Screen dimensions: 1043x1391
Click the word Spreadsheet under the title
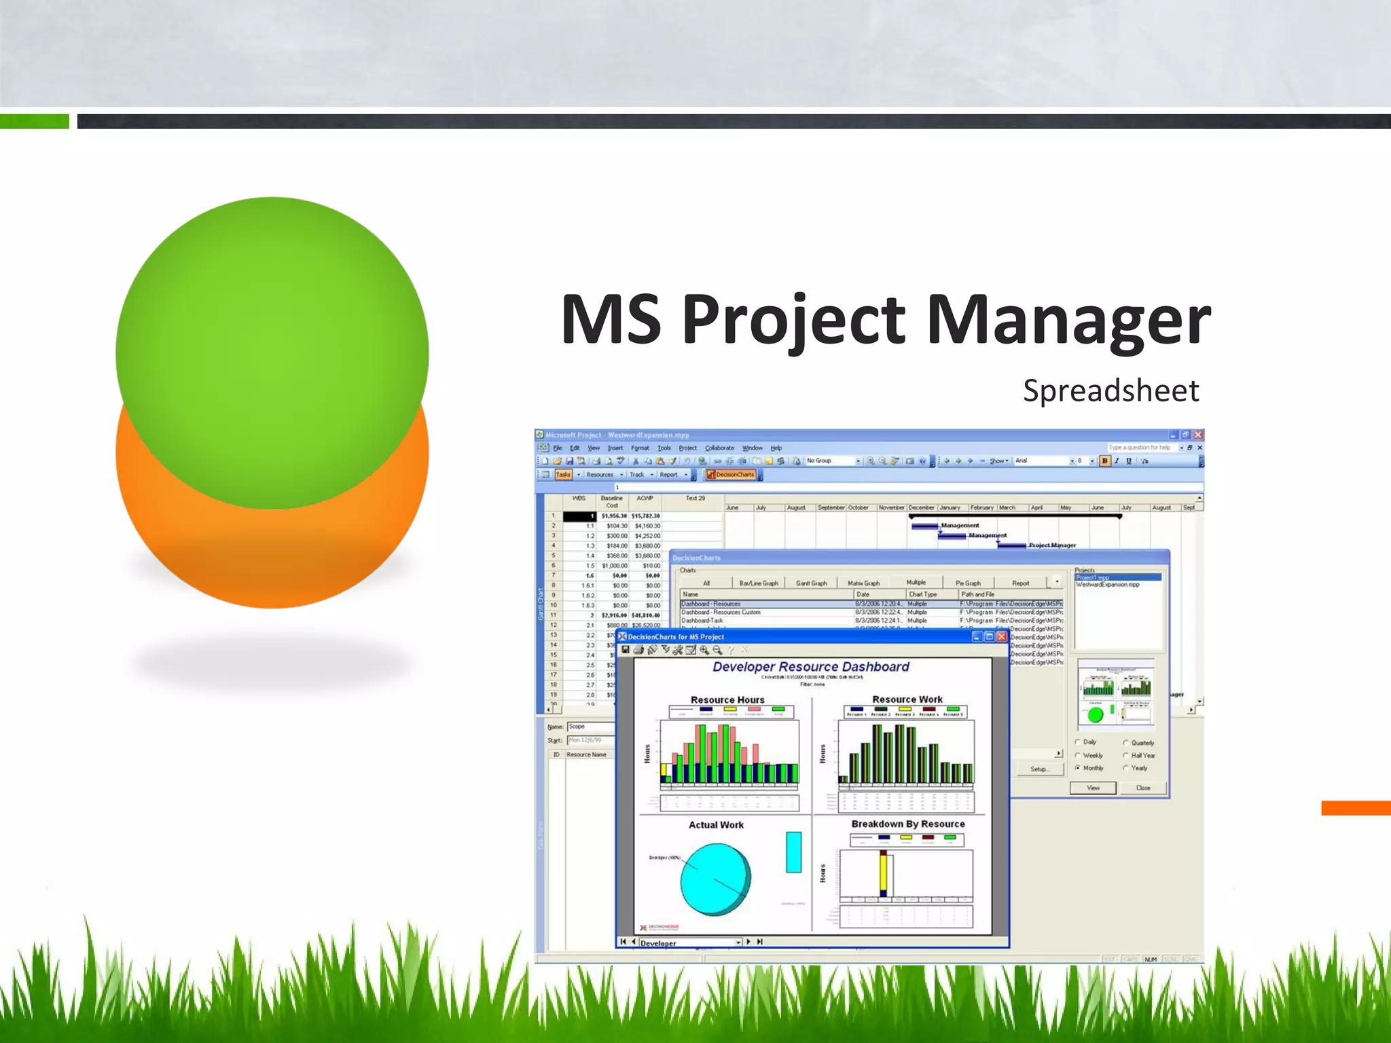1110,391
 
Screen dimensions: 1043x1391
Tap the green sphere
272,340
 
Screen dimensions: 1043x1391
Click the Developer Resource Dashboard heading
810,667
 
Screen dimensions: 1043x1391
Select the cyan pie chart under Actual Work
715,879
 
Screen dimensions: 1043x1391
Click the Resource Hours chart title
727,699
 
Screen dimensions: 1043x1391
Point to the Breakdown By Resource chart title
907,824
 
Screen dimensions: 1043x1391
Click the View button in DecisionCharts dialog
1093,788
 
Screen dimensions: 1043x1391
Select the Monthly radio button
1078,768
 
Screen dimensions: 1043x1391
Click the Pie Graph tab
967,583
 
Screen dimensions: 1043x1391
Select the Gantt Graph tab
811,583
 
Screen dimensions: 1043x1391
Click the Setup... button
1039,769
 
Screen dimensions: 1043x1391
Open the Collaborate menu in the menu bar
719,448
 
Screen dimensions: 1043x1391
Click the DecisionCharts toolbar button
731,475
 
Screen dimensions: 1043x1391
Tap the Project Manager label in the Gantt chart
1052,545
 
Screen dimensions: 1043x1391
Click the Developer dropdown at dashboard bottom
689,943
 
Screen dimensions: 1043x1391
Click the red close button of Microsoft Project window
1198,435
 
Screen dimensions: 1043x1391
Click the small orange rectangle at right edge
1356,808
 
